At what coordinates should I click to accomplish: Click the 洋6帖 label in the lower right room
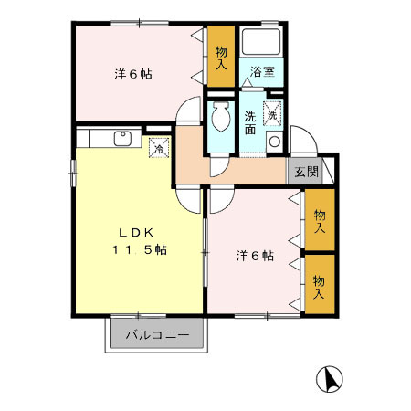256,257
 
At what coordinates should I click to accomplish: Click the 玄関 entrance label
305,171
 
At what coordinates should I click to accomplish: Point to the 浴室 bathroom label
263,70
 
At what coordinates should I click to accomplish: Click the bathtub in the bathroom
263,41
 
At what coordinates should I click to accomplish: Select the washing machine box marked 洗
273,113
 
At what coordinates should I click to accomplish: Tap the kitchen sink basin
121,139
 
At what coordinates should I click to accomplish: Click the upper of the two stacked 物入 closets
318,220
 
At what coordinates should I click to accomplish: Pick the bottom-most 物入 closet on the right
318,286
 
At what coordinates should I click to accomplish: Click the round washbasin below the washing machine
273,141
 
